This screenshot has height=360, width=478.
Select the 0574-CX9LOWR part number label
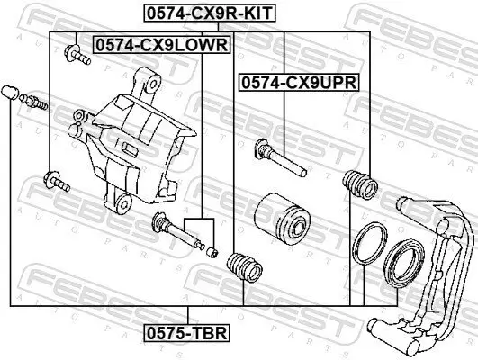[x=161, y=43]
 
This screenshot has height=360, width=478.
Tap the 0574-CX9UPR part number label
[x=298, y=82]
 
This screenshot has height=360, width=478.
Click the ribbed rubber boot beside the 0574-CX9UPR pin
[x=359, y=184]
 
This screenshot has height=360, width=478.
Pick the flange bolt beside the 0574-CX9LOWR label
[x=76, y=56]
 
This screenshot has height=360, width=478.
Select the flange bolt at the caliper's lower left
[x=57, y=184]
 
